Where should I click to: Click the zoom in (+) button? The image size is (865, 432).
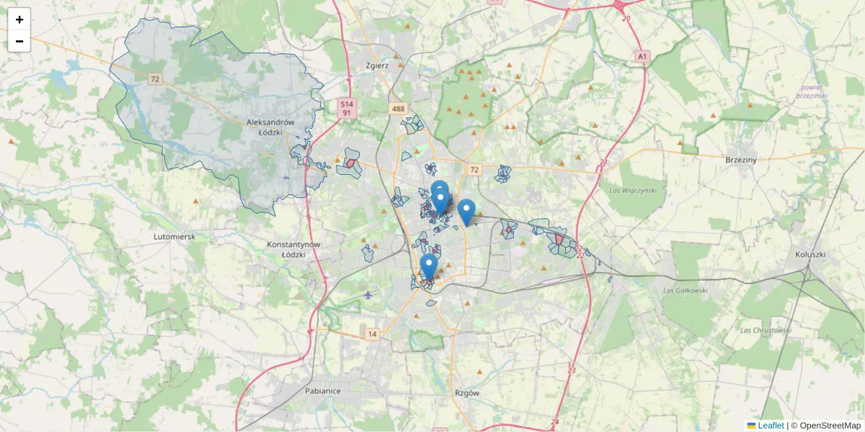(19, 19)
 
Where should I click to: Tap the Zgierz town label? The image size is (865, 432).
(377, 66)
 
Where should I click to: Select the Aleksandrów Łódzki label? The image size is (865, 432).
(270, 127)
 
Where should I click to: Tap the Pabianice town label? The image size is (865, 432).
(321, 390)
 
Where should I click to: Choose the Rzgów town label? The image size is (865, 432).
(468, 392)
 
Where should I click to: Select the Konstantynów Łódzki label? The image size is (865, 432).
(293, 249)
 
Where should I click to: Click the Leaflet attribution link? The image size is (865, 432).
(771, 426)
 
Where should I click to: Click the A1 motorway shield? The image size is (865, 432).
(642, 55)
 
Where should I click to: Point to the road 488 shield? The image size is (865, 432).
(398, 109)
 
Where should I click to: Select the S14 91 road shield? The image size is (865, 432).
(347, 108)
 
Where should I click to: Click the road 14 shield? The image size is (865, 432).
(372, 334)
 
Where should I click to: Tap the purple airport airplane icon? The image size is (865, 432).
(368, 294)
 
